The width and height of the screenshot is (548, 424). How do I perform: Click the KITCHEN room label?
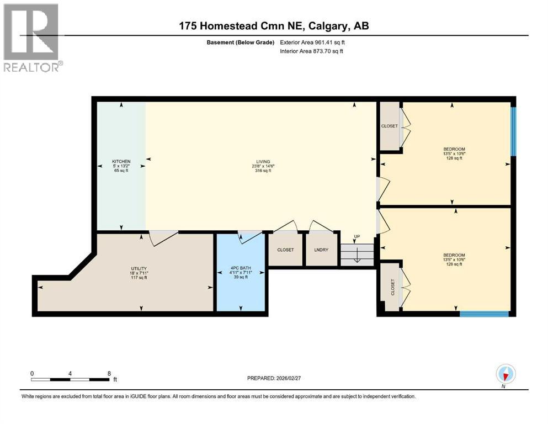(121, 161)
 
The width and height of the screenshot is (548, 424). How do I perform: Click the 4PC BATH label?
(241, 268)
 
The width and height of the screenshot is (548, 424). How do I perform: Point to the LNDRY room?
(321, 250)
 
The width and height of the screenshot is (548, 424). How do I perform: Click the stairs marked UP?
(357, 253)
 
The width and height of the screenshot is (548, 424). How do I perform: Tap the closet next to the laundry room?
(285, 250)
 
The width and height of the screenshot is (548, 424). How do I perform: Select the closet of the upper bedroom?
(389, 126)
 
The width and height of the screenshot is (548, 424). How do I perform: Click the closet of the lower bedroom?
(392, 287)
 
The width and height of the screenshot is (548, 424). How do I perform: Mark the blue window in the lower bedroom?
(484, 314)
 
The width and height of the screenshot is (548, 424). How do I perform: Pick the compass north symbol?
(506, 374)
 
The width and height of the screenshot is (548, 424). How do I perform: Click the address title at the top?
(274, 26)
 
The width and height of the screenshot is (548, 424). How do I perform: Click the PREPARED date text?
(274, 378)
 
